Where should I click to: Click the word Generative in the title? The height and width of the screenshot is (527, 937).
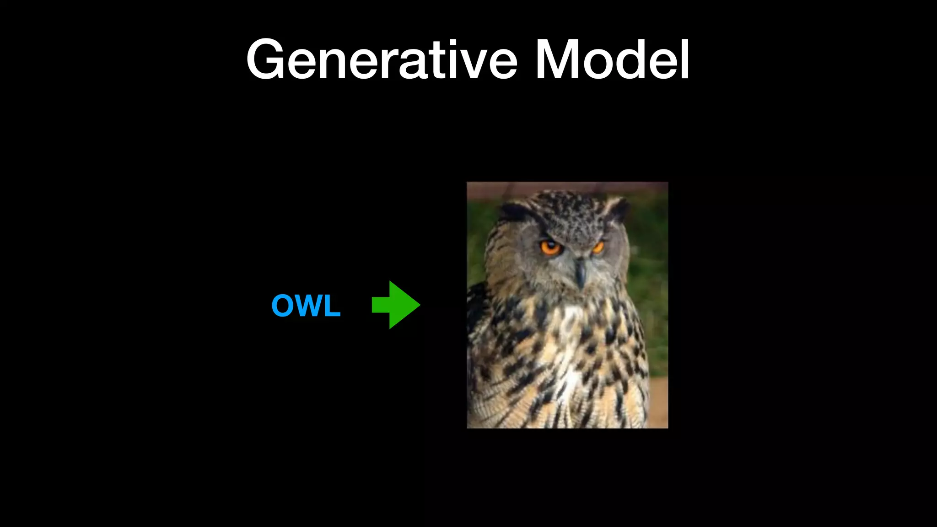point(382,60)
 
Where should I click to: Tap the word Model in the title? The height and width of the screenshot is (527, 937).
point(612,60)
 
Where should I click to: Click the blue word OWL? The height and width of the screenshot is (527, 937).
point(306,306)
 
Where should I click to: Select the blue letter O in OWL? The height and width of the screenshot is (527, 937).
point(283,306)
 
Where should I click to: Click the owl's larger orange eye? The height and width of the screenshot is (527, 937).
point(550,248)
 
